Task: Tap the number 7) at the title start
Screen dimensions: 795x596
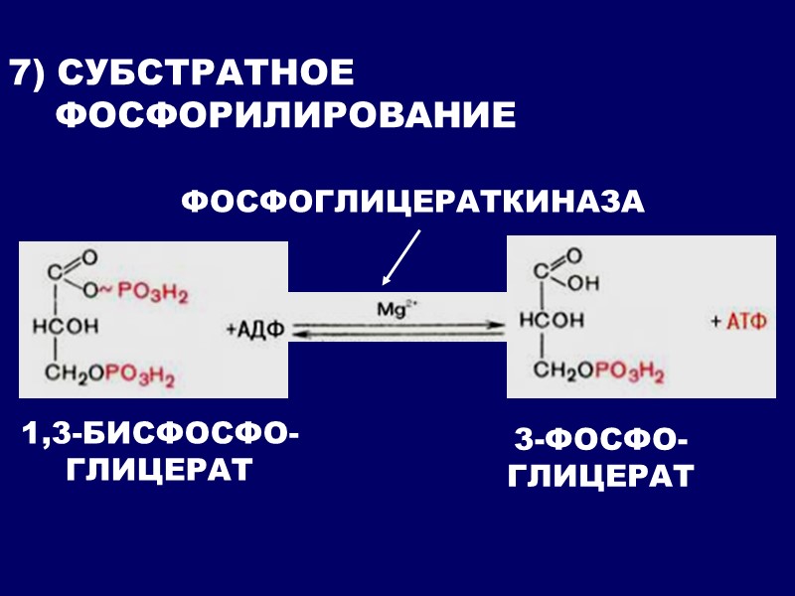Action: point(28,74)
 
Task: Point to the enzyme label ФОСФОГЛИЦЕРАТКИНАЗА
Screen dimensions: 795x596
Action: point(412,202)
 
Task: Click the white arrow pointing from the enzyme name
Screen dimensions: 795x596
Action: point(401,255)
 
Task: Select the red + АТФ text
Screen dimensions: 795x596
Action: point(739,323)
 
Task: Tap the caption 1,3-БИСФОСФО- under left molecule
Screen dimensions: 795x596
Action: point(159,434)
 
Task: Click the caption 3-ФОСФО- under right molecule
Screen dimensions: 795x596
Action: point(600,439)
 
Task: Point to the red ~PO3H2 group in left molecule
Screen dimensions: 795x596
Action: point(147,295)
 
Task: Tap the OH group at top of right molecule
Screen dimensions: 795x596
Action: point(585,283)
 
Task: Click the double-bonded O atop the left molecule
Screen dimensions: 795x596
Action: point(89,258)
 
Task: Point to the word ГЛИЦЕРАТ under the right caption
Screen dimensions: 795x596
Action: point(600,476)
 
